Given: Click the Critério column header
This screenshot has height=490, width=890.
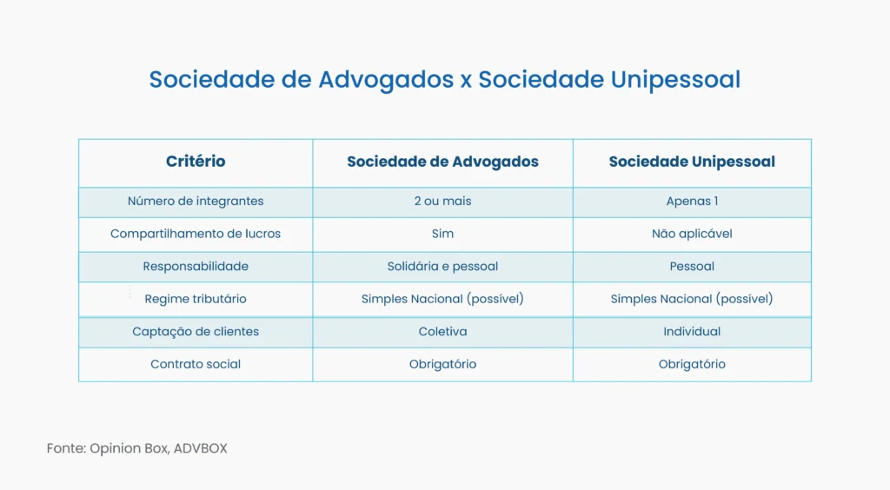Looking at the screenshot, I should (196, 162).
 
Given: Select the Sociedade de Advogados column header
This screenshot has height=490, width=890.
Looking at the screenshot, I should (442, 162).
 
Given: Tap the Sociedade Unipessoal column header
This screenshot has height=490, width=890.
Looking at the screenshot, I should (692, 162).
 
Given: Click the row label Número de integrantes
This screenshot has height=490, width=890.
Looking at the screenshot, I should (196, 202).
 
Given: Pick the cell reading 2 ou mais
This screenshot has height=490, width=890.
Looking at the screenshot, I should (442, 202).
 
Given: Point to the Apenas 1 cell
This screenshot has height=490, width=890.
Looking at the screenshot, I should (692, 202).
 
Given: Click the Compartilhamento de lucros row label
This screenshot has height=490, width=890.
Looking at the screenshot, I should (196, 234).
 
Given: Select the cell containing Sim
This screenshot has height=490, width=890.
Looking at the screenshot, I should (442, 234).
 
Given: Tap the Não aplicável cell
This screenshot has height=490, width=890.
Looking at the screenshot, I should (692, 234).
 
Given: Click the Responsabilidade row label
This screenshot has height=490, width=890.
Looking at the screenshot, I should (196, 267).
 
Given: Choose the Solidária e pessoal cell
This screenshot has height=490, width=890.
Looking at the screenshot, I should (442, 267).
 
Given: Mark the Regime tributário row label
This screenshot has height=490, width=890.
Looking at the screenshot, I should (196, 299).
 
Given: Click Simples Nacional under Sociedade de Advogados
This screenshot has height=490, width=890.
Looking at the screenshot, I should (442, 299).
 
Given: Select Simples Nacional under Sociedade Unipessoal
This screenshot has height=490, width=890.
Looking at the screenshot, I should (692, 299).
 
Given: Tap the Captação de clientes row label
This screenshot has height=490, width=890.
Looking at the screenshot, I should (196, 332).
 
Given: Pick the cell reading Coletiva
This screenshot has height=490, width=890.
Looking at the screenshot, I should (442, 332).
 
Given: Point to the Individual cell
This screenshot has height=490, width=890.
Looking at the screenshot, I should (692, 332).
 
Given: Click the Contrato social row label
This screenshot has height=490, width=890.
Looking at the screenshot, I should (196, 365).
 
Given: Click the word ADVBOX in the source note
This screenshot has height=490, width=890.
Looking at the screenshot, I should (200, 449).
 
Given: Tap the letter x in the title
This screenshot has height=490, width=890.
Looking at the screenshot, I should (466, 81).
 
